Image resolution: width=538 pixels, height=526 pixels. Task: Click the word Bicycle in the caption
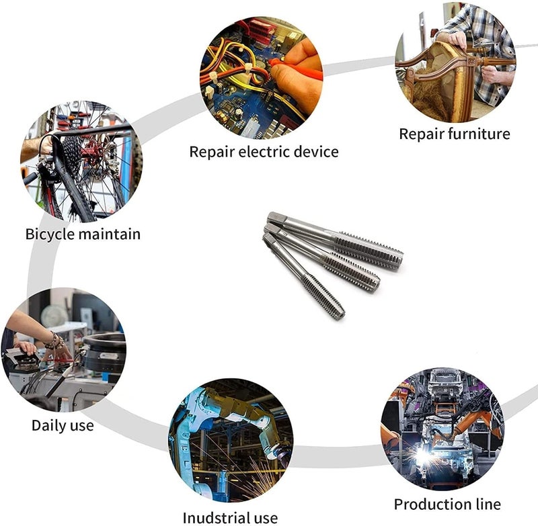[x=50, y=234]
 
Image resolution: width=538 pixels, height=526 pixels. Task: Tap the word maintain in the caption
[x=110, y=234]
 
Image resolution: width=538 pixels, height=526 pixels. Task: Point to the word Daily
[x=48, y=426]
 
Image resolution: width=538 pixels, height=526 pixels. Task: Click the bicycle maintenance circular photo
[x=81, y=161]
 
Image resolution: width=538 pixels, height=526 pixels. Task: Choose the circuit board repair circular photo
[x=261, y=78]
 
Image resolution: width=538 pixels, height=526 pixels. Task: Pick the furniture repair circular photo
[x=455, y=62]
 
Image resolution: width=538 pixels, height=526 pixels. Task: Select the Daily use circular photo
[x=64, y=349]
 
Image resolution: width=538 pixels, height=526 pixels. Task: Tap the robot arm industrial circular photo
[x=231, y=440]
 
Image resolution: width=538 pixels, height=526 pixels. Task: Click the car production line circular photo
[x=443, y=429]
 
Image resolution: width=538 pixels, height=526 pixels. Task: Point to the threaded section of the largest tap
[x=368, y=250]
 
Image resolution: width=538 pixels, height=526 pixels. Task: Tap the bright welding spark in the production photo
[x=423, y=456]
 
